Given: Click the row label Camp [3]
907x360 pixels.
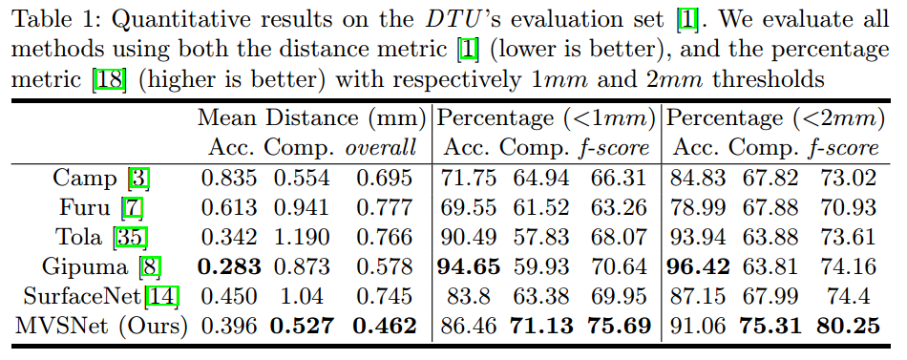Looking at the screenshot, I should [x=101, y=178].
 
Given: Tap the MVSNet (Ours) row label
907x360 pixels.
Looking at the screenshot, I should [x=101, y=326].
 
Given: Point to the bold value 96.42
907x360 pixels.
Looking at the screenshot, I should [x=702, y=266].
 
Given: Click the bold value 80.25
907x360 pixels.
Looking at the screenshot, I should [x=847, y=326].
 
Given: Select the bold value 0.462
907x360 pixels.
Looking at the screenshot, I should [x=385, y=326].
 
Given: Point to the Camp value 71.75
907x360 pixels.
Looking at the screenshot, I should [x=469, y=178].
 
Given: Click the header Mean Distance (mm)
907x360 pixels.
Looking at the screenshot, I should [x=309, y=119].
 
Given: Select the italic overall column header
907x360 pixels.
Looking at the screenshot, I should [x=382, y=148].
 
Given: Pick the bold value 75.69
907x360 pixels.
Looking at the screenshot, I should [x=616, y=326].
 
